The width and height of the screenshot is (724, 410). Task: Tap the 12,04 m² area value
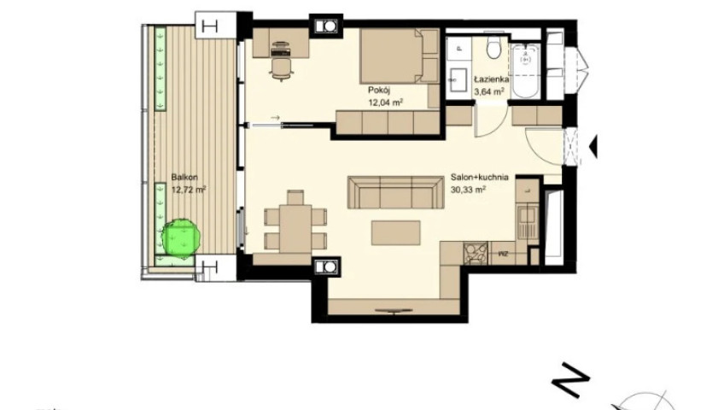coord(385,102)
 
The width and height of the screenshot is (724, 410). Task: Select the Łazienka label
coord(491,79)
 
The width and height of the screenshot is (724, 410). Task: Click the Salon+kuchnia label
coord(479,177)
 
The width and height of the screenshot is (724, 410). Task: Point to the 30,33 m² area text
coord(468,189)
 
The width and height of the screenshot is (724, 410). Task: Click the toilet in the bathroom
coord(493,49)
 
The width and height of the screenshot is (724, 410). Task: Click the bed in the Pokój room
coord(400,56)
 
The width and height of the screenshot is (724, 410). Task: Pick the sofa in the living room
coord(395,192)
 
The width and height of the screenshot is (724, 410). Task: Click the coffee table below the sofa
coord(395,232)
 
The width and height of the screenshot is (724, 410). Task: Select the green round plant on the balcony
coord(181,237)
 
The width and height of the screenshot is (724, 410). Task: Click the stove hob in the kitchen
coord(476,254)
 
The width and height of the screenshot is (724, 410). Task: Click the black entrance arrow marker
coord(593,147)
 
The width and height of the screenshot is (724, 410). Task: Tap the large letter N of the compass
coord(570,379)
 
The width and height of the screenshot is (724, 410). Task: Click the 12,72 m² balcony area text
coord(189,189)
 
